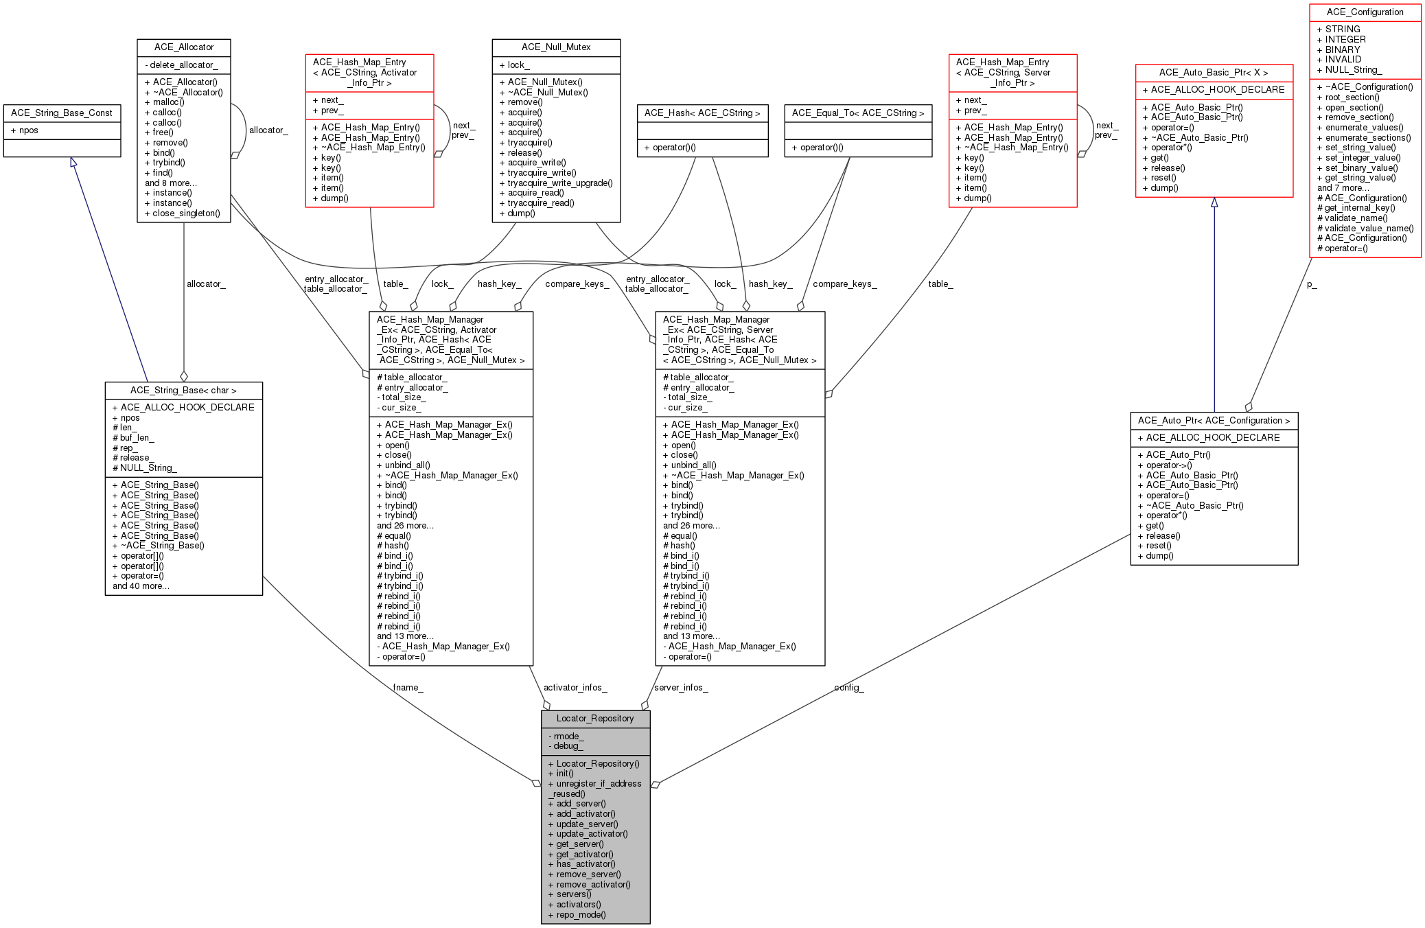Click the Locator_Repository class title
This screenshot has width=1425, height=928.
click(x=595, y=719)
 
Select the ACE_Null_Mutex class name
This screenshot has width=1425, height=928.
click(x=556, y=47)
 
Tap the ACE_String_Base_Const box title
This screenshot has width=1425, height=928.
click(x=62, y=113)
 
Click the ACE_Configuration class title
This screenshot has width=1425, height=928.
click(x=1365, y=12)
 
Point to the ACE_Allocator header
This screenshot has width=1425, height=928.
click(x=184, y=47)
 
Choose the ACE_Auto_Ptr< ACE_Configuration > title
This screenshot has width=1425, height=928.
click(x=1214, y=421)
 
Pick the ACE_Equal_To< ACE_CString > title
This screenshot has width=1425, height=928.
click(x=858, y=113)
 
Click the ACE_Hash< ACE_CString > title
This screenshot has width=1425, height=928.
click(x=702, y=113)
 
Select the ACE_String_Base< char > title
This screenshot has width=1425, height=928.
click(x=183, y=391)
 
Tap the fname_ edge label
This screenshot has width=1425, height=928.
click(x=408, y=687)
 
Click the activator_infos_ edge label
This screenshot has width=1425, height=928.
click(x=575, y=687)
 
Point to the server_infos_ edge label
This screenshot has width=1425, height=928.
click(x=681, y=687)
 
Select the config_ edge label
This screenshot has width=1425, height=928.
click(x=849, y=687)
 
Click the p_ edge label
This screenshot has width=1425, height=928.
click(x=1312, y=284)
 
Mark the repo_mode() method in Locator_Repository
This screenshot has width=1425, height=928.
click(x=577, y=915)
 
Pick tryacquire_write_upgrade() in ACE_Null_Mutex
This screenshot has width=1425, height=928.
click(x=556, y=183)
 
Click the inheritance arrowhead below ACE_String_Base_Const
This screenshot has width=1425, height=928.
click(x=73, y=162)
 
